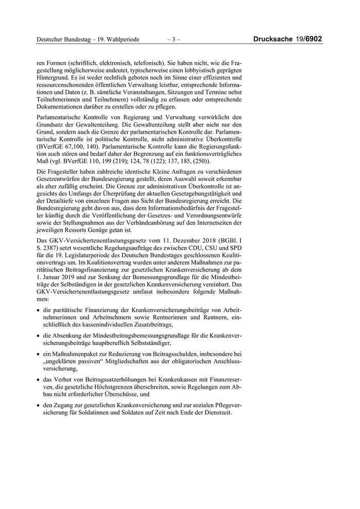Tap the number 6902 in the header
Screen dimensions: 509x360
coord(314,39)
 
